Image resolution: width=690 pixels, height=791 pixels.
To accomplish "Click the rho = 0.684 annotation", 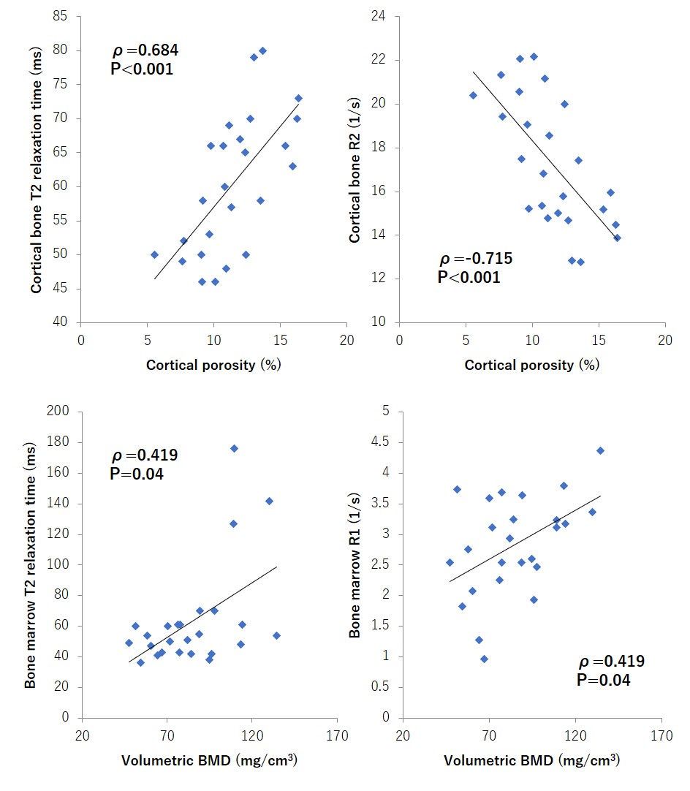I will tap(145, 51).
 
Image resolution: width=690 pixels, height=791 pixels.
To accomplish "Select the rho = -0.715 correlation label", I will tap(475, 259).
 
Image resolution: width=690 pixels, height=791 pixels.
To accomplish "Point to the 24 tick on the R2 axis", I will tap(382, 16).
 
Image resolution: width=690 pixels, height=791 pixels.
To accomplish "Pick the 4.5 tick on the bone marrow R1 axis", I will tap(381, 442).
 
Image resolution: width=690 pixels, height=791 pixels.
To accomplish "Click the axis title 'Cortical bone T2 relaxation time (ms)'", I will tap(37, 168).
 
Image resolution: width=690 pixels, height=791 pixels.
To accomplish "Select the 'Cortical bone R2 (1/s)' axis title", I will tap(355, 168).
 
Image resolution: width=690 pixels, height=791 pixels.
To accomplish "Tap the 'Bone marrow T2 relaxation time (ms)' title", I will tap(31, 563).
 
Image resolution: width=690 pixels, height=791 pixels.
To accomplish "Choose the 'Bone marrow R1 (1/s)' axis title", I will tap(355, 563).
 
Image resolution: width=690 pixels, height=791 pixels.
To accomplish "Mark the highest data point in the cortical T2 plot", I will tap(262, 50).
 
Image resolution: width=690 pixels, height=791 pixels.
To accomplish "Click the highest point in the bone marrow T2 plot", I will tap(234, 448).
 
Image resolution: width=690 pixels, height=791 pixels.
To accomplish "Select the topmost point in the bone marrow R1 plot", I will tap(600, 450).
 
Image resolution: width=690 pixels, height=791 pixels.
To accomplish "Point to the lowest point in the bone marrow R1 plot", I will tap(484, 659).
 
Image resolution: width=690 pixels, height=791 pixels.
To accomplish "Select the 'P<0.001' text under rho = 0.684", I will tap(142, 70).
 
